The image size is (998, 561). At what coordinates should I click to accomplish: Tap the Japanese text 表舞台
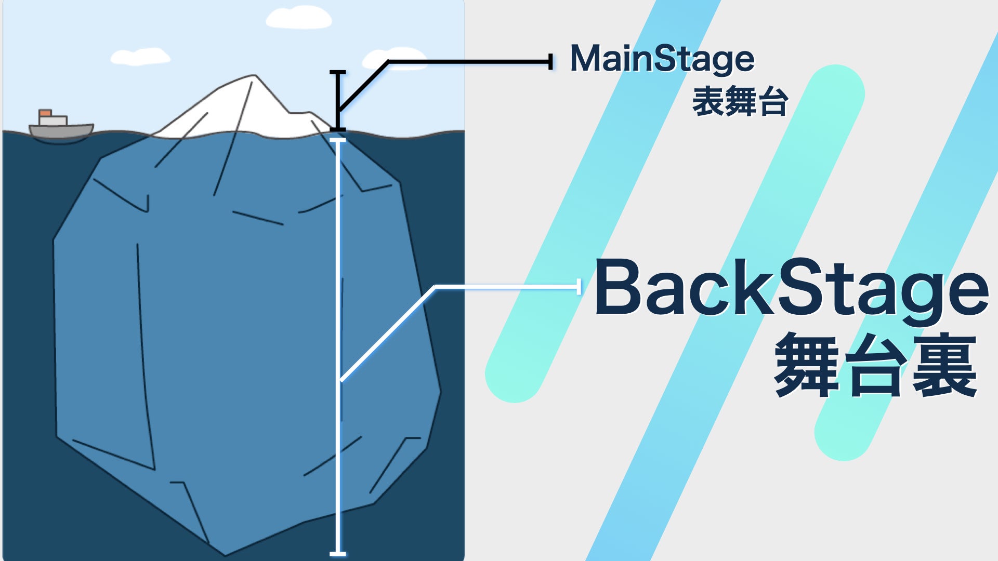click(740, 102)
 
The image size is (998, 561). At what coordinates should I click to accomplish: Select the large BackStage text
click(791, 289)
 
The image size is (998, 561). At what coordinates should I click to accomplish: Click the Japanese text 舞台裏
click(875, 366)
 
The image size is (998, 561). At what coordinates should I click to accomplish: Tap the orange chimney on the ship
click(45, 113)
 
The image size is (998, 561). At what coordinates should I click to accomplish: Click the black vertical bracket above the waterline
click(338, 99)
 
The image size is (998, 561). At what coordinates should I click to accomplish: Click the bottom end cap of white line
click(338, 554)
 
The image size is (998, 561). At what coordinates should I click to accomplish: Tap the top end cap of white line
click(338, 140)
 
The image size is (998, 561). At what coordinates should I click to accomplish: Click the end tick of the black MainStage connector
click(550, 62)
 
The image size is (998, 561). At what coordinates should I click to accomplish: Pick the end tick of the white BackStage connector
click(579, 286)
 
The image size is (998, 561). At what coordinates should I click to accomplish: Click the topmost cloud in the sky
click(298, 18)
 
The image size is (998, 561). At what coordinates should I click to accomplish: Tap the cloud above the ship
click(140, 57)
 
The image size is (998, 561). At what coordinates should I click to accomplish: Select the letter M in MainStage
click(585, 59)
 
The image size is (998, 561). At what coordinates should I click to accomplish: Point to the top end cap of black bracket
click(338, 72)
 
